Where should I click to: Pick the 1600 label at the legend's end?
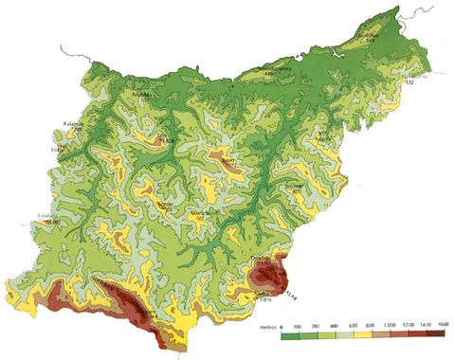(442, 325)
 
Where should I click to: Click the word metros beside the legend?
(264, 325)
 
